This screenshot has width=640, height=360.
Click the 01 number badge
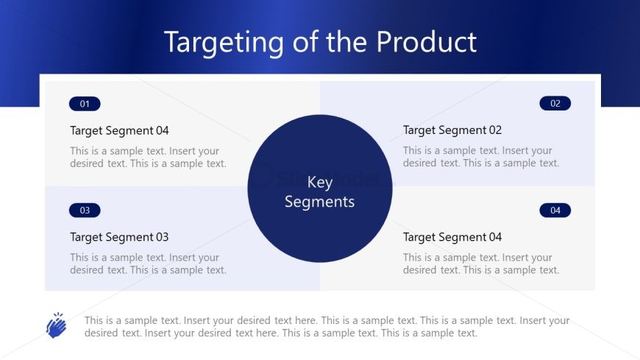85,104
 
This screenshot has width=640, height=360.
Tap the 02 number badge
555,103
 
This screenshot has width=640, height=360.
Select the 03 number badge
85,211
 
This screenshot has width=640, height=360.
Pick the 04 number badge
555,211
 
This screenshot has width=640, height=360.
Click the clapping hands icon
57,325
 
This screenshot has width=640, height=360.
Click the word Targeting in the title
224,43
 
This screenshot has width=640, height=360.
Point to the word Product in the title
426,42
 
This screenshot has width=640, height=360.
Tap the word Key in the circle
319,183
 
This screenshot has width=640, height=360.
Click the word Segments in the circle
319,202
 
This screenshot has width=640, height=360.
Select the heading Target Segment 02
452,130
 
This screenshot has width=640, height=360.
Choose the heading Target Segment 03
119,237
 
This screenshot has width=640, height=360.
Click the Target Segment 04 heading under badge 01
119,131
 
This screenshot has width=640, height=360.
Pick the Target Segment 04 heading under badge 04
452,237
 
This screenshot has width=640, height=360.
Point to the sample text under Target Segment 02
481,157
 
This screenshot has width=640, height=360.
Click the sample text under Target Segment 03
148,264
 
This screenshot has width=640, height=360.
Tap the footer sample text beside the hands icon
327,326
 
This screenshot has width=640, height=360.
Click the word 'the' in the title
346,42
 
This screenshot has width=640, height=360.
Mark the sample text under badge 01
148,157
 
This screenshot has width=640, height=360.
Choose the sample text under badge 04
481,264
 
